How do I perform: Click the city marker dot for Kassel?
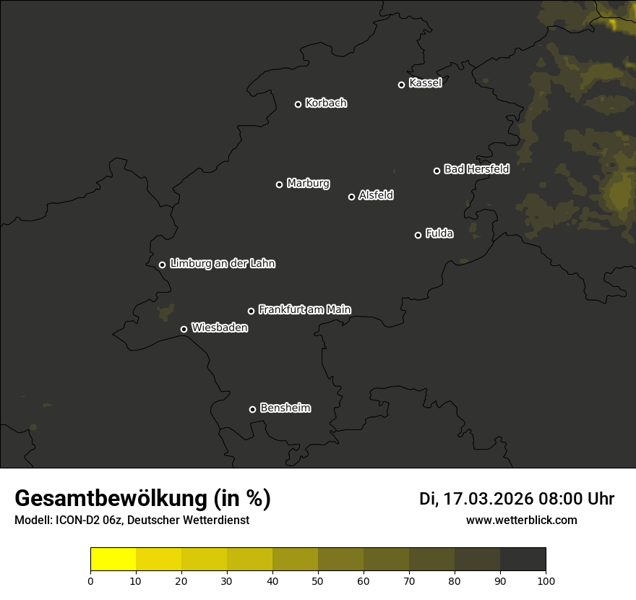402,85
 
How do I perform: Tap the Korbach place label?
326,103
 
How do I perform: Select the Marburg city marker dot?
280,184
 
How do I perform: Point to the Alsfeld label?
376,195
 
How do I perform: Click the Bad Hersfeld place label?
476,169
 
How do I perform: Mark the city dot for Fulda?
418,235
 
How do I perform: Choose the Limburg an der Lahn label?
222,264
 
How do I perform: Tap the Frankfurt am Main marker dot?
252,311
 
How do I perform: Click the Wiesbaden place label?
220,328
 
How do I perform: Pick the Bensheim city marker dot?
252,409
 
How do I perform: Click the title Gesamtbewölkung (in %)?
142,499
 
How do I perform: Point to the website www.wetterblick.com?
521,520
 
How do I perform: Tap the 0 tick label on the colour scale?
90,580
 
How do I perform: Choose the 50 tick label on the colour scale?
318,580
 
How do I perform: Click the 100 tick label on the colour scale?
546,580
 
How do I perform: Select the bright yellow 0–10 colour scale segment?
113,560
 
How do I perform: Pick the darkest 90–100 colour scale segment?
523,560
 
